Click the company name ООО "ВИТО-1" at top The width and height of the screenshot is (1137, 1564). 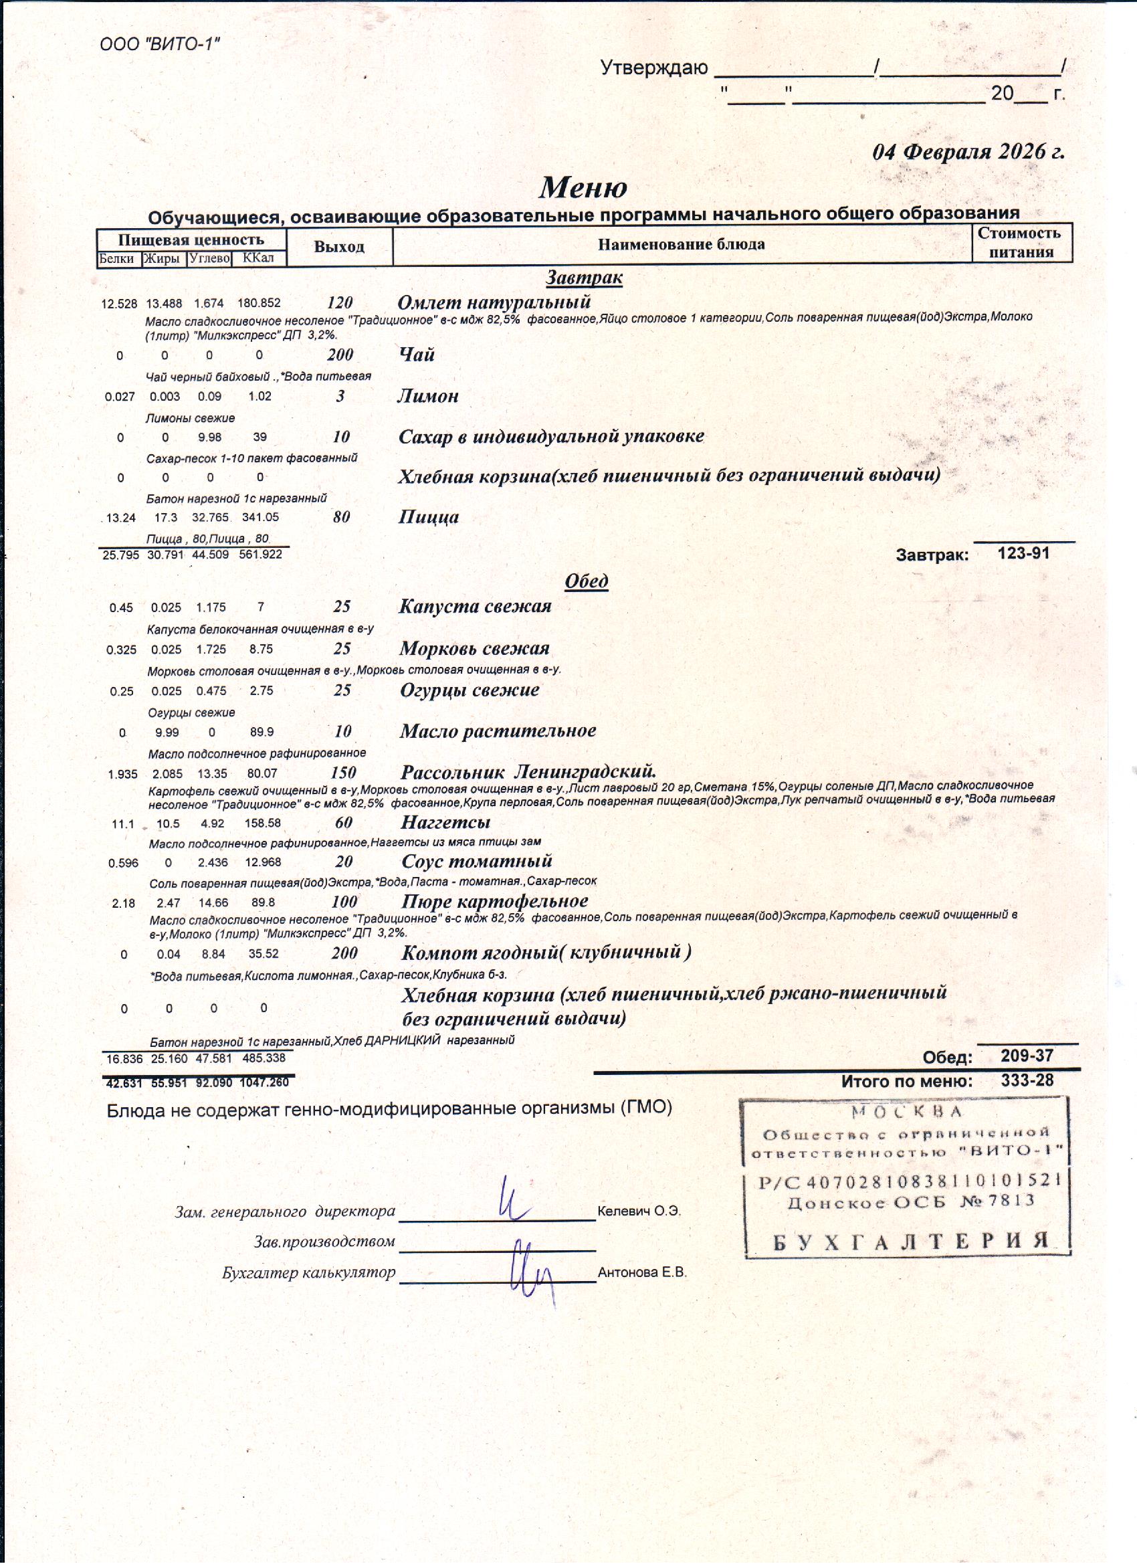pyautogui.click(x=160, y=45)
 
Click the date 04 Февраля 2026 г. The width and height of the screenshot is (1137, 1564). pyautogui.click(x=968, y=152)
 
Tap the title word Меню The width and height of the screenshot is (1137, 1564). pyautogui.click(x=583, y=187)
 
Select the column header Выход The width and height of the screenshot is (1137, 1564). pyautogui.click(x=338, y=246)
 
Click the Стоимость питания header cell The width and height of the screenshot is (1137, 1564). pyautogui.click(x=1021, y=242)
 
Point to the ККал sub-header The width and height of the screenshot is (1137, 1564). pyautogui.click(x=259, y=259)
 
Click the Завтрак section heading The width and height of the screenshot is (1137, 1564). pyautogui.click(x=584, y=277)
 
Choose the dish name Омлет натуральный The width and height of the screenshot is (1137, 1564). pyautogui.click(x=494, y=302)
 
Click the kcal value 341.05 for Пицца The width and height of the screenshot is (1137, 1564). pyautogui.click(x=261, y=517)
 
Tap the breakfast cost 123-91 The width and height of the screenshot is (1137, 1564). pyautogui.click(x=1023, y=553)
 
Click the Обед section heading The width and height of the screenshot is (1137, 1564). pyautogui.click(x=586, y=581)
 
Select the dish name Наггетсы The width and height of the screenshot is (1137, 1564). pyautogui.click(x=445, y=822)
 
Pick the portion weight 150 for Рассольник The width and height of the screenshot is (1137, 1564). pyautogui.click(x=343, y=773)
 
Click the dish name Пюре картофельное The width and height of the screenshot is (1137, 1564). pyautogui.click(x=494, y=901)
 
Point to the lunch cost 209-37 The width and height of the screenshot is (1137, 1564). pyautogui.click(x=1027, y=1055)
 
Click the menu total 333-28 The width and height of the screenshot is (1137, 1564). pyautogui.click(x=1027, y=1080)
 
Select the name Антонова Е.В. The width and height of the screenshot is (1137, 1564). pyautogui.click(x=642, y=1273)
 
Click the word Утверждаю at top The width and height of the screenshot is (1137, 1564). pyautogui.click(x=653, y=68)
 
